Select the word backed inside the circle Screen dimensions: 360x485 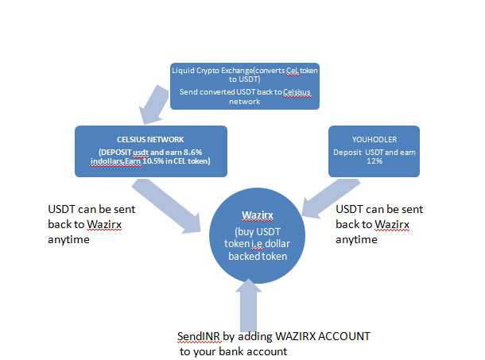pos(242,257)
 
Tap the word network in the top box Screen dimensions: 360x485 pos(244,102)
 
